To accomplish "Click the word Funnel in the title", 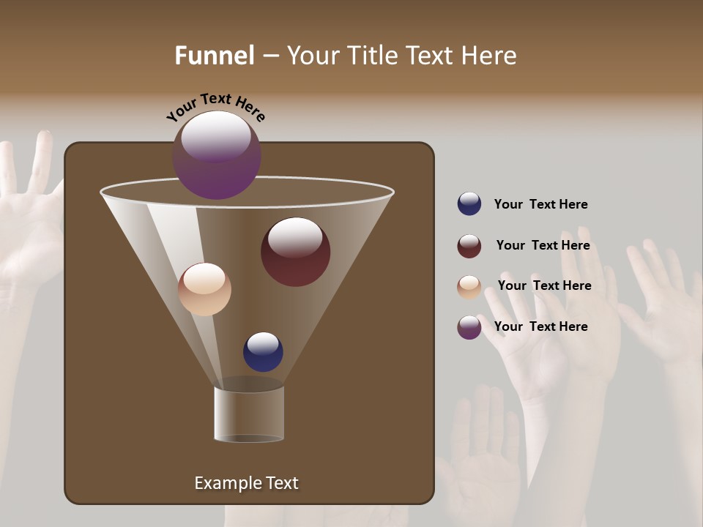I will pos(215,55).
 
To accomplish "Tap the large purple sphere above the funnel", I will pos(217,155).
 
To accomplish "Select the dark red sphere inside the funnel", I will pos(295,252).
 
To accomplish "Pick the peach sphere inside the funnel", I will pos(204,289).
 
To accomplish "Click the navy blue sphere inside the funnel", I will pos(263,352).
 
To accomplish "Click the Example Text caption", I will pos(246,483).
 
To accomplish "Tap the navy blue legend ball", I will pos(469,203).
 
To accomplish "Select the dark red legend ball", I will pos(469,246).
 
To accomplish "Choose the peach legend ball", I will pos(469,287).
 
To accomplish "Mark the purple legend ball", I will pos(469,327).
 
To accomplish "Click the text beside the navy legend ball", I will pos(540,204).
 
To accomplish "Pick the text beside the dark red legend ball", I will pos(543,245).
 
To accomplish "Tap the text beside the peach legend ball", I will pos(544,285).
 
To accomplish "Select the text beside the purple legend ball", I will pos(540,326).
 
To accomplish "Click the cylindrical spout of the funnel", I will pos(249,414).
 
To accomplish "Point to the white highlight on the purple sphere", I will pos(216,135).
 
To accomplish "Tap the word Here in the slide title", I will pos(486,55).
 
